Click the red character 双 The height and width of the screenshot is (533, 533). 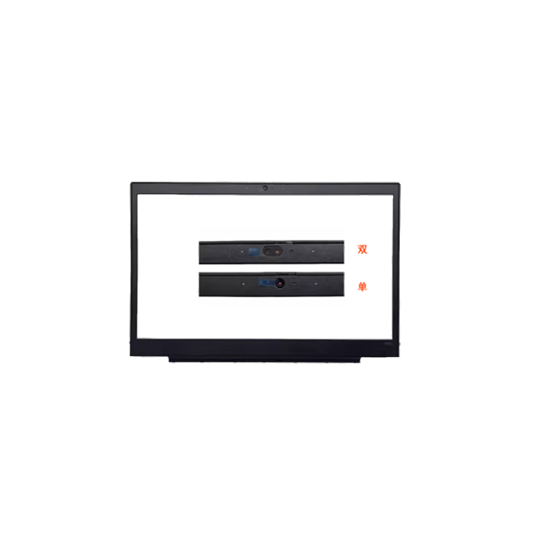coord(362,249)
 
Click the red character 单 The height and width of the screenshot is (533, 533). coord(362,286)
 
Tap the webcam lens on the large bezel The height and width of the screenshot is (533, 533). coord(265,188)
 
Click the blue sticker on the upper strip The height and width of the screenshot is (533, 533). coord(254,252)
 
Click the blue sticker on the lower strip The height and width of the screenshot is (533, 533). coord(267,282)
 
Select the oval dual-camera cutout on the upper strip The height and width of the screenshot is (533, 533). coord(272,251)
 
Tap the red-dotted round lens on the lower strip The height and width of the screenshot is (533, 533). coord(280,282)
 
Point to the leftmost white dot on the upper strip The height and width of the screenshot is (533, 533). coord(242,252)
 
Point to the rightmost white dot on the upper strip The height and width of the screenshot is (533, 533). coord(313,251)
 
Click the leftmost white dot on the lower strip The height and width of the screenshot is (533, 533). coord(243,283)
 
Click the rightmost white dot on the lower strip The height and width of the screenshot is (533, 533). coord(316,283)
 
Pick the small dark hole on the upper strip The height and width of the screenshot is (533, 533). coord(292,251)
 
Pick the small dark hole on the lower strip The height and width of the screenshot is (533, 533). coord(294,283)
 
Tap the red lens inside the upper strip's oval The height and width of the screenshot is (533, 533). coord(277,252)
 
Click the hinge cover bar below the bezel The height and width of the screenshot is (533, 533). coord(265,359)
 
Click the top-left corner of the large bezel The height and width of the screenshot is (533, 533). coord(131,183)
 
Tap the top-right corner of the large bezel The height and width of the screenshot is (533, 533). coord(399,184)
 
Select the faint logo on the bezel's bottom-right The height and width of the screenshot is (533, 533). coord(388,343)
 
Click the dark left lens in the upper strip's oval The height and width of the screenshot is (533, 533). coord(268,251)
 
